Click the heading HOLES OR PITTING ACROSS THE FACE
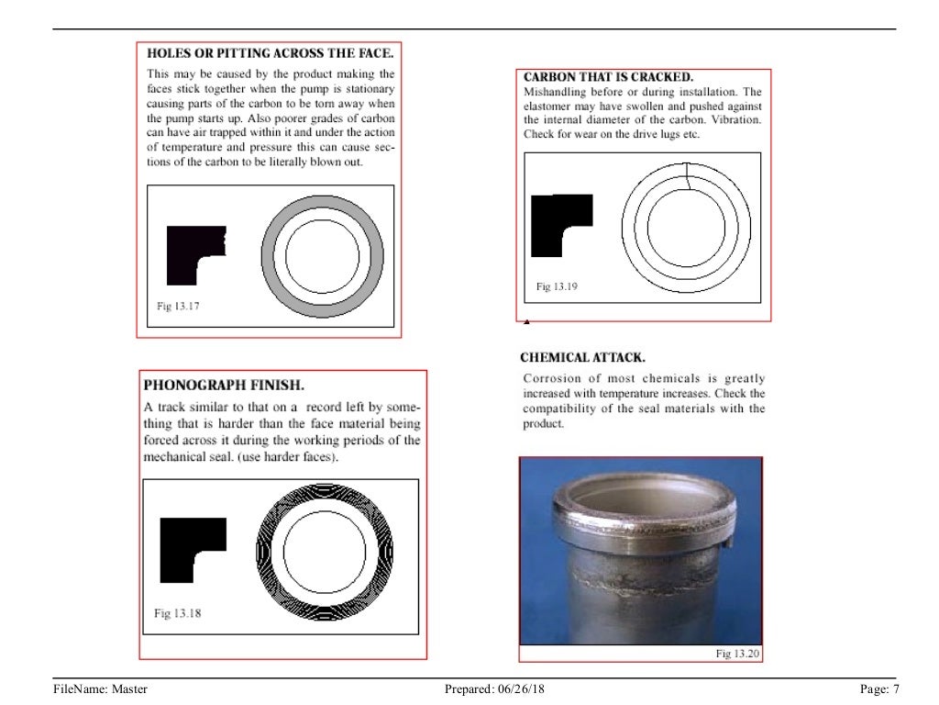pyautogui.click(x=271, y=53)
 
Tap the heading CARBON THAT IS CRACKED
pyautogui.click(x=608, y=77)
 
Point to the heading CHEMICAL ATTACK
pyautogui.click(x=582, y=357)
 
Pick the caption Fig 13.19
pyautogui.click(x=557, y=287)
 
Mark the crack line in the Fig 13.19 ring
pyautogui.click(x=688, y=175)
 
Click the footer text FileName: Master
pyautogui.click(x=100, y=688)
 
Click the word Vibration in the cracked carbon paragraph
pyautogui.click(x=741, y=120)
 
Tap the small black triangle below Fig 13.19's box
pyautogui.click(x=526, y=322)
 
